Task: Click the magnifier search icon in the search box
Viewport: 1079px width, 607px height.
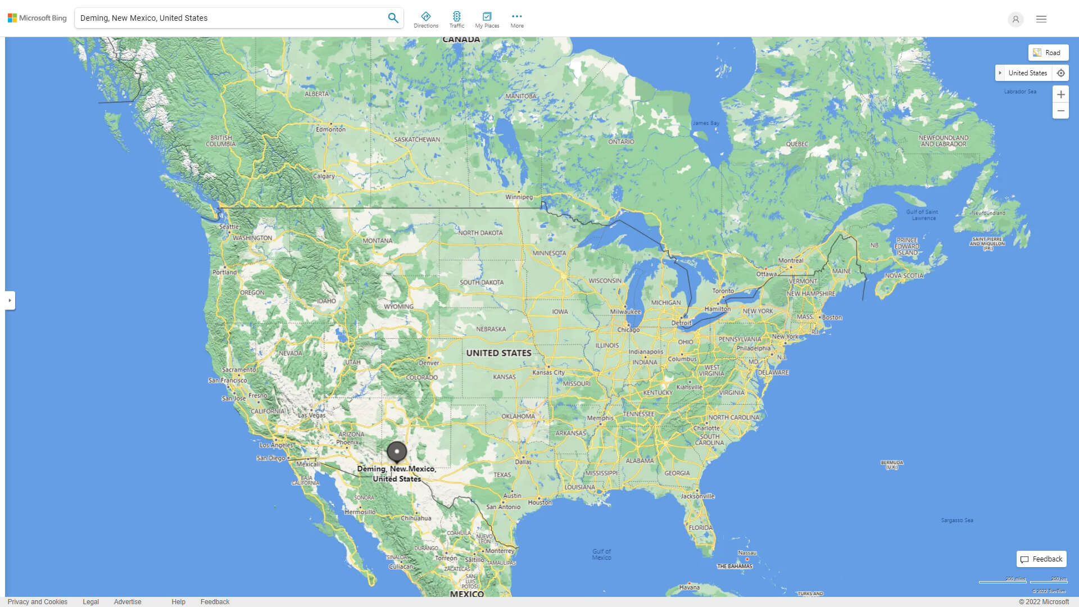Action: tap(393, 18)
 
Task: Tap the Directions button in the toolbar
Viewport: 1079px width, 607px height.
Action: tap(425, 19)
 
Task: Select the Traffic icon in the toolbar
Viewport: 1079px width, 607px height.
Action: tap(456, 19)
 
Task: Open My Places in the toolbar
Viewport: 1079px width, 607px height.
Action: tap(487, 19)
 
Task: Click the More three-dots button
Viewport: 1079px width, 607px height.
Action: tap(516, 19)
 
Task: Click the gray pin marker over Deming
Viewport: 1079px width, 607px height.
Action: tap(397, 452)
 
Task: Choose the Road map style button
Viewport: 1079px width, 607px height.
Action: tap(1048, 53)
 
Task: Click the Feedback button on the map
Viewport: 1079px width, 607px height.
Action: tap(1041, 559)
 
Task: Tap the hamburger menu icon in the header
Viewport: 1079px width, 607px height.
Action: tap(1041, 19)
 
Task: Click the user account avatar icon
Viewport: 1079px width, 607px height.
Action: tap(1015, 19)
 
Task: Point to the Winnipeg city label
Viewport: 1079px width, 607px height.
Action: tap(519, 197)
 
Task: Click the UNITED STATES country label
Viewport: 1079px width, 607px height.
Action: tap(498, 353)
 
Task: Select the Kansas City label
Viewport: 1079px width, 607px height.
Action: tap(548, 373)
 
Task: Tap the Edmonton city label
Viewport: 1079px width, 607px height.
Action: tap(330, 129)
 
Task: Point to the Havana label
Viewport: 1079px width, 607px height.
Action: tap(689, 587)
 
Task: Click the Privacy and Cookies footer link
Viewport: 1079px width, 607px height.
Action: tap(37, 602)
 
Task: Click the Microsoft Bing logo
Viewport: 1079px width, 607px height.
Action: tap(37, 18)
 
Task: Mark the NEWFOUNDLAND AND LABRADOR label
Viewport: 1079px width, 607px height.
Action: tap(943, 141)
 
